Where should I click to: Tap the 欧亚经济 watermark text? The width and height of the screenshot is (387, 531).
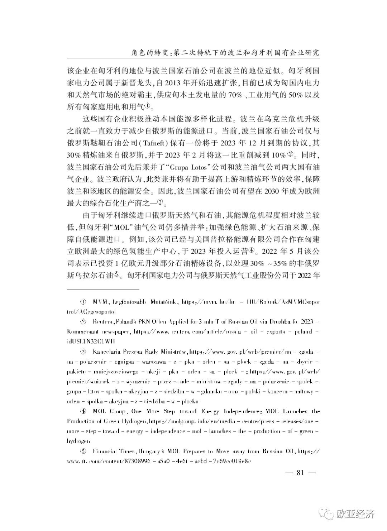356,515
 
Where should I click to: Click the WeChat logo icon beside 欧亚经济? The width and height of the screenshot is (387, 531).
328,515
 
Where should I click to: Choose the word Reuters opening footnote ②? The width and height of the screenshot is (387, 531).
102,322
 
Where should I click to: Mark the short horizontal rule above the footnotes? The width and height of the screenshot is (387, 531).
103,288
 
